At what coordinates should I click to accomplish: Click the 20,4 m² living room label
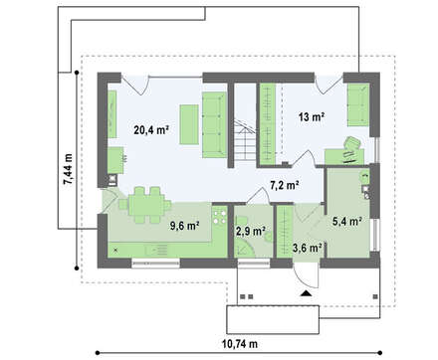click(x=151, y=130)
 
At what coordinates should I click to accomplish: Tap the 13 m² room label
click(x=312, y=116)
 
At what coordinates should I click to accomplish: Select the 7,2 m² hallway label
click(x=285, y=186)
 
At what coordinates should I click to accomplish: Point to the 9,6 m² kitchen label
click(x=184, y=226)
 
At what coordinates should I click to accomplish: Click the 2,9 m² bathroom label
click(x=251, y=231)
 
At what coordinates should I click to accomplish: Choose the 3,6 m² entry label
click(x=308, y=248)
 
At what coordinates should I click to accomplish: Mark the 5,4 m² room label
click(x=347, y=221)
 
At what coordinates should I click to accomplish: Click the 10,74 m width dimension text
click(x=240, y=344)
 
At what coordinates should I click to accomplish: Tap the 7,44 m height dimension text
click(x=69, y=169)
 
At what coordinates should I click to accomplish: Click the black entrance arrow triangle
click(x=306, y=293)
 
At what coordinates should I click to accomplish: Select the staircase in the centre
click(x=245, y=140)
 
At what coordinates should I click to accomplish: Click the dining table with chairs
click(x=145, y=205)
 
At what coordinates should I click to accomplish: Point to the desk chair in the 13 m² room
click(x=352, y=143)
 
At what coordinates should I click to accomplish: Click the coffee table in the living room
click(x=189, y=124)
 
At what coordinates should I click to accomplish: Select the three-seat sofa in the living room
click(x=214, y=125)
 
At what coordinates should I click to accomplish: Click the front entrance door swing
click(x=307, y=276)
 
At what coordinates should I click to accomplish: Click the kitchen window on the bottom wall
click(x=156, y=264)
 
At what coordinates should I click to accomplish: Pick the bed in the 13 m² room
click(x=358, y=104)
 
